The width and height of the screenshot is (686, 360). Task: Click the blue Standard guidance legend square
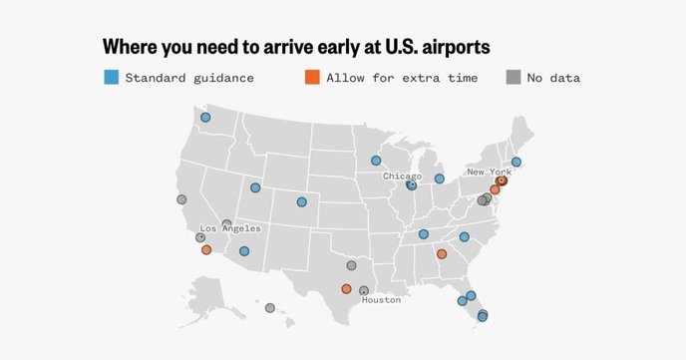click(x=112, y=77)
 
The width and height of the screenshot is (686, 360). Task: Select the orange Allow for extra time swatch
click(x=312, y=77)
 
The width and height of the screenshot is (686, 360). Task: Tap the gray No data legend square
click(x=513, y=77)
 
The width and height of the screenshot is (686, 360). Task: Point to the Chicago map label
click(x=403, y=176)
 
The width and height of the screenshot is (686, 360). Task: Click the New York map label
click(x=489, y=173)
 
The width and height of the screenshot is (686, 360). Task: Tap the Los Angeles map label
click(x=231, y=228)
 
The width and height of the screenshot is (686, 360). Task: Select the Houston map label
click(x=381, y=300)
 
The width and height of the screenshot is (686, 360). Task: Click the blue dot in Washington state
click(x=205, y=118)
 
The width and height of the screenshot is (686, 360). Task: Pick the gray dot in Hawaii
click(x=269, y=308)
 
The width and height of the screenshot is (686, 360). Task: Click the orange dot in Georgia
click(x=442, y=254)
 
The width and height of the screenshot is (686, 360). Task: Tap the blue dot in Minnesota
click(x=376, y=160)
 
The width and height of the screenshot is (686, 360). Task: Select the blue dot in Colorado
click(x=302, y=201)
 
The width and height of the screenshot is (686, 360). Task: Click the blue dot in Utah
click(x=255, y=187)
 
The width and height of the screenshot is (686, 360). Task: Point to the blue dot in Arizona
click(x=244, y=251)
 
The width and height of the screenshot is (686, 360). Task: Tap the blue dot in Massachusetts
click(x=516, y=162)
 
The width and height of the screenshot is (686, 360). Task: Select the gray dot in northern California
click(x=181, y=199)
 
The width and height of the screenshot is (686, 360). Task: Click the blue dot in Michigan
click(x=439, y=179)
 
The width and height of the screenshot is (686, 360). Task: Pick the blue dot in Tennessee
click(x=424, y=234)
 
